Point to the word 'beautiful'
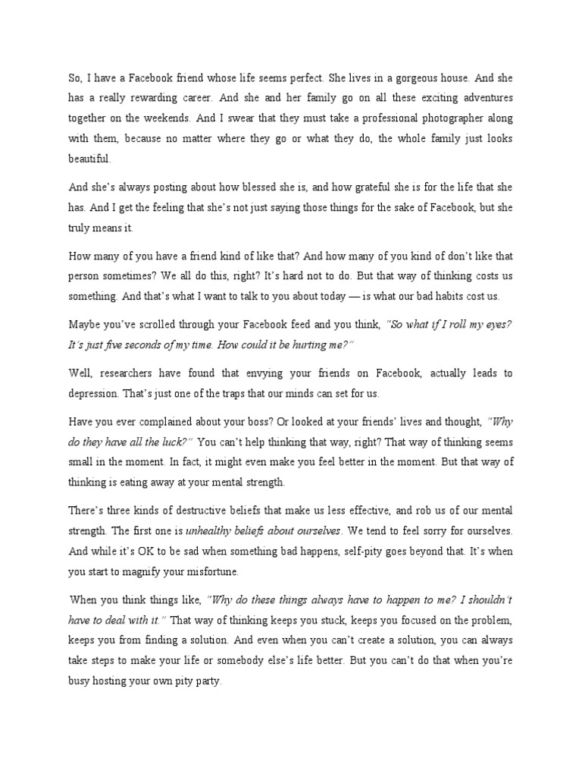coord(89,159)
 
